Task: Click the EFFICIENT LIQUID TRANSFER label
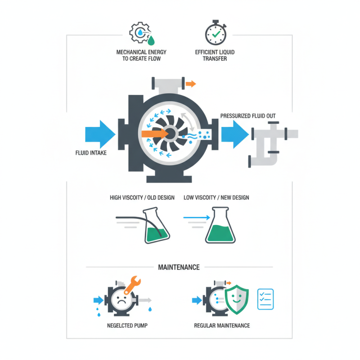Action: pyautogui.click(x=215, y=55)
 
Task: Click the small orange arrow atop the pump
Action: pyautogui.click(x=191, y=83)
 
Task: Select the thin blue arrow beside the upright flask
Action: pyautogui.click(x=197, y=218)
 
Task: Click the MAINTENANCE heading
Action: pyautogui.click(x=179, y=267)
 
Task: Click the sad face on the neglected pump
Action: pyautogui.click(x=121, y=300)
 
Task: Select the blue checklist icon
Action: pyautogui.click(x=265, y=299)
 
